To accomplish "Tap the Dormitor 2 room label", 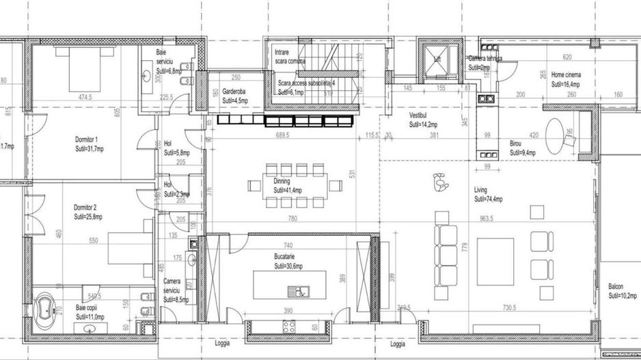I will (87, 207).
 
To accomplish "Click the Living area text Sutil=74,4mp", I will (489, 200).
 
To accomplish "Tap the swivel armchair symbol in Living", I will (439, 182).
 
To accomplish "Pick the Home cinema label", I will (566, 76).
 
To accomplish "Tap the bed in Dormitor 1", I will (85, 68).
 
